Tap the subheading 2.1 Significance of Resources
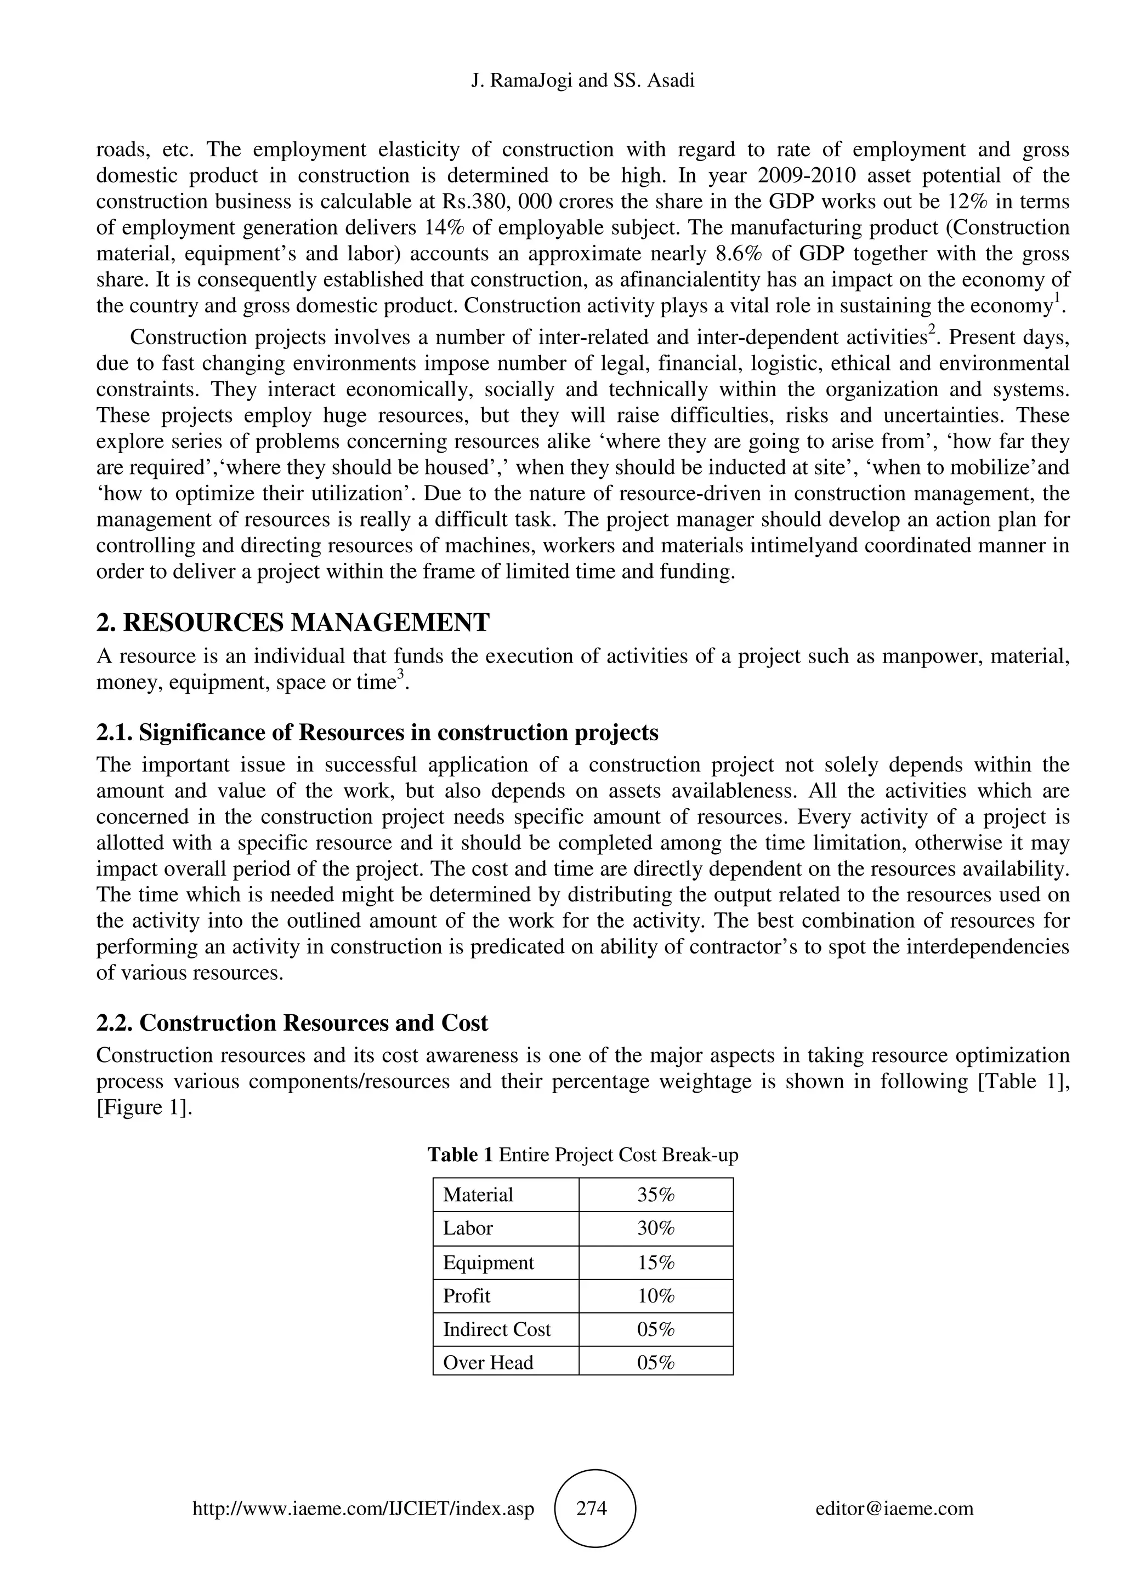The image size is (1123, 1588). [377, 733]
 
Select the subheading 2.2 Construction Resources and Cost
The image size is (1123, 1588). [292, 1023]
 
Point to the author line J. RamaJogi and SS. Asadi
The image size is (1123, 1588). [582, 81]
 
